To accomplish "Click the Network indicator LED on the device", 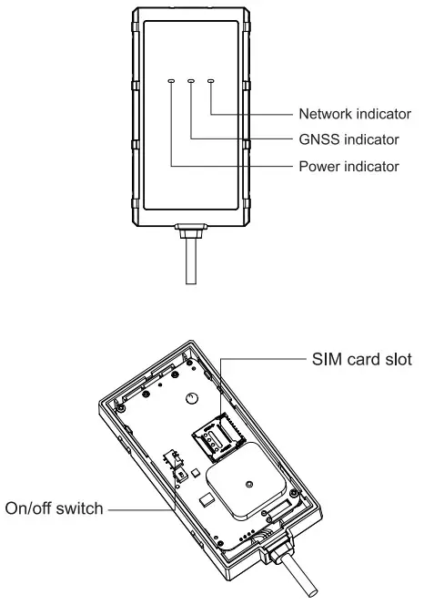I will (211, 81).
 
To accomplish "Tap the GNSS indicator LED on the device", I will (191, 81).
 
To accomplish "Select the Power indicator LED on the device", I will (171, 81).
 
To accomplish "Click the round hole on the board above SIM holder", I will (192, 397).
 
